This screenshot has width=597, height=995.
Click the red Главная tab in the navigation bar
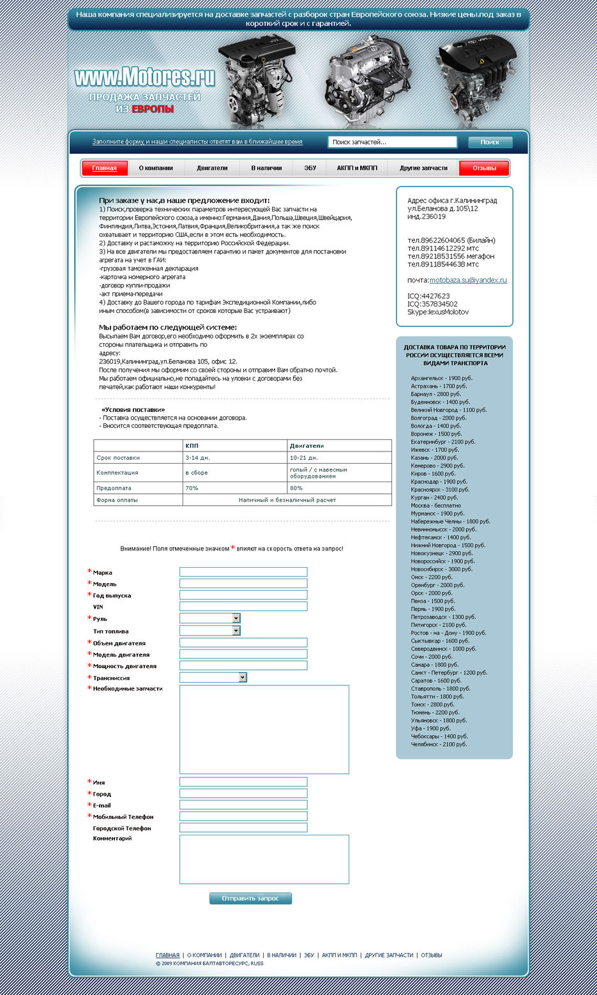(105, 168)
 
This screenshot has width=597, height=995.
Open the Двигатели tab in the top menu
(212, 168)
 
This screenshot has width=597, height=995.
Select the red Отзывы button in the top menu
(484, 168)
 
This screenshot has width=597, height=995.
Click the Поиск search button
(490, 142)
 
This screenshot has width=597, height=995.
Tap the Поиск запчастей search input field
(392, 142)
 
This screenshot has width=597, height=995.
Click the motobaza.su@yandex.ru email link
(468, 280)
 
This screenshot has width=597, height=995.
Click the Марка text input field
(243, 572)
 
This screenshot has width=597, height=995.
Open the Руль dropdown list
(209, 618)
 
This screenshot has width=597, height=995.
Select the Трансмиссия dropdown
(213, 678)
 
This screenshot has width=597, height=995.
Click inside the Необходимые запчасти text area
(264, 729)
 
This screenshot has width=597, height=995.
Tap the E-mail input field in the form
(243, 805)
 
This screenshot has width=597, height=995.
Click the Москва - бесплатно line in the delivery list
(435, 505)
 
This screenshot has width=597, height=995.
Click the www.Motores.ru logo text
(145, 78)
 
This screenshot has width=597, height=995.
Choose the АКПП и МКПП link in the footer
(339, 955)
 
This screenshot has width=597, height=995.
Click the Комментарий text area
(264, 859)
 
